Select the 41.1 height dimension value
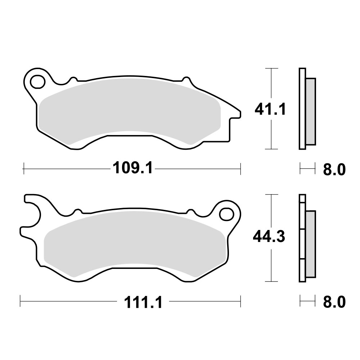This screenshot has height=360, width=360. (270, 109)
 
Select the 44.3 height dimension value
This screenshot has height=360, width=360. (269, 237)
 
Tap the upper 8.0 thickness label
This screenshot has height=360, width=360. (334, 169)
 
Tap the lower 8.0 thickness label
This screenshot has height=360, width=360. (334, 302)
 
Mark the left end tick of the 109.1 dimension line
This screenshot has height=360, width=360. (23, 168)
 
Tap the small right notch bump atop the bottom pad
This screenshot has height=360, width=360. (188, 211)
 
